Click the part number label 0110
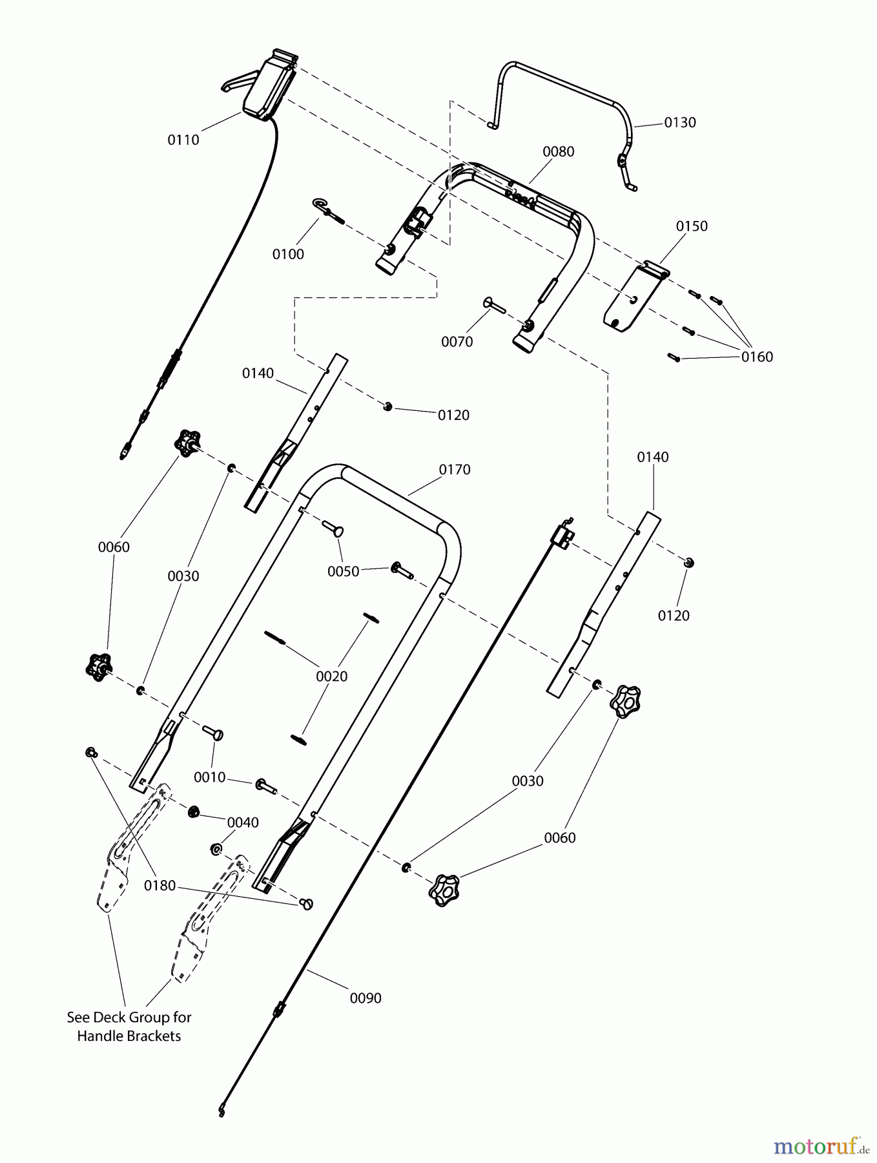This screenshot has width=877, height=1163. click(183, 140)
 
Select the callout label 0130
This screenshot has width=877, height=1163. click(680, 123)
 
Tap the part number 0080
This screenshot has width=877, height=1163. click(558, 152)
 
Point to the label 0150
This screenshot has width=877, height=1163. click(692, 226)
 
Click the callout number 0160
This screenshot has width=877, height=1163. click(757, 357)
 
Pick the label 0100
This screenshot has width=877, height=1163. click(288, 255)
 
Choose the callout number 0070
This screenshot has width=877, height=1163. click(457, 342)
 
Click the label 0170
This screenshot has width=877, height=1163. click(455, 470)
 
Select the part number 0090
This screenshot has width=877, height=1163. click(366, 998)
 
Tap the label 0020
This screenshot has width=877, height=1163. click(331, 676)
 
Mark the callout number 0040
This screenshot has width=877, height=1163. click(243, 822)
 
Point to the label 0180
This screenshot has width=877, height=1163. click(160, 886)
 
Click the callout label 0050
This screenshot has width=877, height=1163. click(343, 572)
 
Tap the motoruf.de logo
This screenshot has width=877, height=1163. click(820, 1146)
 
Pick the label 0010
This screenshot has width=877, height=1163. click(210, 777)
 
